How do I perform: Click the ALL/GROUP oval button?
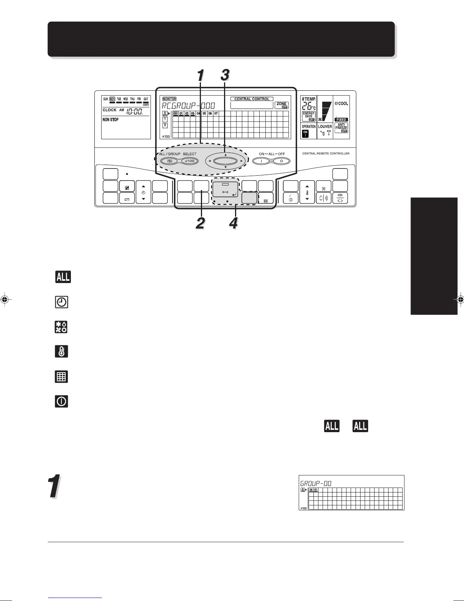[169, 161]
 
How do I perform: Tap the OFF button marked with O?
[281, 161]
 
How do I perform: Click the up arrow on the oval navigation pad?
[225, 155]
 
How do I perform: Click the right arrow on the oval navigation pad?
[241, 161]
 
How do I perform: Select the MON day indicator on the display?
[112, 99]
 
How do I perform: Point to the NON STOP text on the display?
[110, 120]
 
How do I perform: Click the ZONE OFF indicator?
[282, 105]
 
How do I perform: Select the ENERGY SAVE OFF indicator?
[309, 116]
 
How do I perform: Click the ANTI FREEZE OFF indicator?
[341, 128]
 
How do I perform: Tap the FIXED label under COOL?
[341, 120]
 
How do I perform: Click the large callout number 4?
[234, 223]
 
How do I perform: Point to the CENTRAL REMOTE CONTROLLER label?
[326, 154]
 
